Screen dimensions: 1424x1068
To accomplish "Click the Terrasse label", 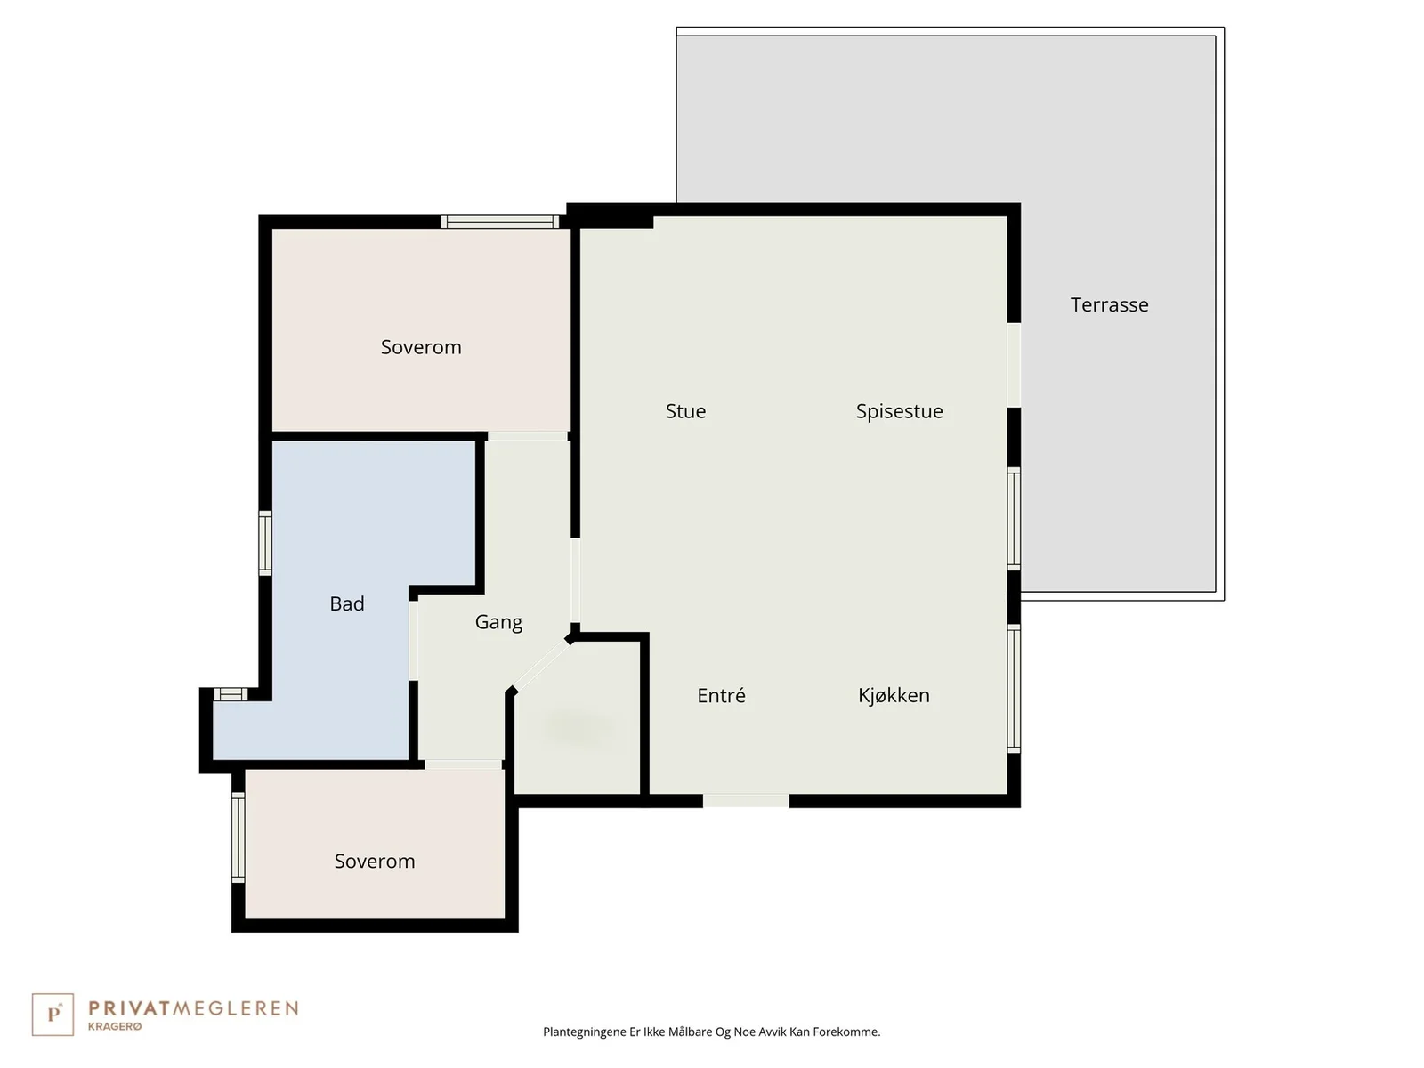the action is (1109, 304).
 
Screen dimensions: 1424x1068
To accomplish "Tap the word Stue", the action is (685, 411).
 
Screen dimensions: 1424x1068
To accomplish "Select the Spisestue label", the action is (899, 411).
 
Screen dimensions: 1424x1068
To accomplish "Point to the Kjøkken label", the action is (894, 695).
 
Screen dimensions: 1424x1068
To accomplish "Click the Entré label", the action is (721, 695).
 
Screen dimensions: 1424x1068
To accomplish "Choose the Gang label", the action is (498, 622).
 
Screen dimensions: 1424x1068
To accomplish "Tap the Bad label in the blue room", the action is (347, 603).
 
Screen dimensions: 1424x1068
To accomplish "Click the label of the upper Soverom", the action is (421, 348).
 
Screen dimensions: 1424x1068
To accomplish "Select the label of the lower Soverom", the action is (375, 862).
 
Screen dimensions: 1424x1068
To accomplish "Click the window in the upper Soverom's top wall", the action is (499, 222).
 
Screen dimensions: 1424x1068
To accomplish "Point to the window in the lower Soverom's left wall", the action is (239, 837).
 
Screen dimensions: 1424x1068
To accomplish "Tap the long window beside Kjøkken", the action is (1014, 689).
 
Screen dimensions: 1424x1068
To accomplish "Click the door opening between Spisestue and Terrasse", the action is (1014, 365).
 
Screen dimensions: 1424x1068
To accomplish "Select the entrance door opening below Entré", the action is (746, 801).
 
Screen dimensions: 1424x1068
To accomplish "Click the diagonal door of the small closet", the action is (542, 666).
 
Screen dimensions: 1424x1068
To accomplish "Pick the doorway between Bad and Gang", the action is (413, 641).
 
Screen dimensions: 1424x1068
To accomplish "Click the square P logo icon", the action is (53, 1015).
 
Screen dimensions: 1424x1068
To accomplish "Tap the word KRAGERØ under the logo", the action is (115, 1026).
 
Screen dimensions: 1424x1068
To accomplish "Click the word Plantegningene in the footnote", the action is (585, 1032).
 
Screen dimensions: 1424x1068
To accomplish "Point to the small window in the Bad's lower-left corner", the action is (231, 694).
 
